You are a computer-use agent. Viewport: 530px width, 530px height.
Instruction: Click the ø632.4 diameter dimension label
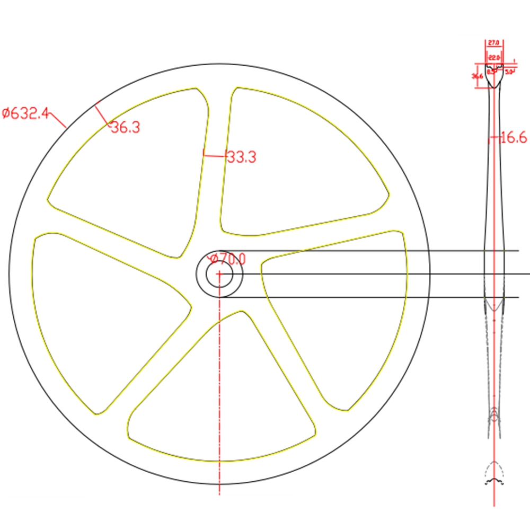25,113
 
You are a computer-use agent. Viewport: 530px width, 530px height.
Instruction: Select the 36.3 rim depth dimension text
125,127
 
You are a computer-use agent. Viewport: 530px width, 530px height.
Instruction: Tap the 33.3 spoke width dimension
241,157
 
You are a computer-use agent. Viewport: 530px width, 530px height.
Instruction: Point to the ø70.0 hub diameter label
228,259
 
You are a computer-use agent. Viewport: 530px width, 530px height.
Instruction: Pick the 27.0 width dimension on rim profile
494,42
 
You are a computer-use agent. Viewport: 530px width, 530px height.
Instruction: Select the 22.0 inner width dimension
494,57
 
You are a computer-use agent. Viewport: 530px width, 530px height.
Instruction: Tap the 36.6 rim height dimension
477,76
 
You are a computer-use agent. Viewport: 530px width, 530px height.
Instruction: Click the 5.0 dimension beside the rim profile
509,71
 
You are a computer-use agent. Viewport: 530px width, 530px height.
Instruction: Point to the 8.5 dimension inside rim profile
490,71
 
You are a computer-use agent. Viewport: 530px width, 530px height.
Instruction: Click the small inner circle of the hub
219,275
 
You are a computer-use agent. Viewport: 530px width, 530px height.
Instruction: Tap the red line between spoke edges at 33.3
214,155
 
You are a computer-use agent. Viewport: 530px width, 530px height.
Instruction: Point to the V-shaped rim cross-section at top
494,77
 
